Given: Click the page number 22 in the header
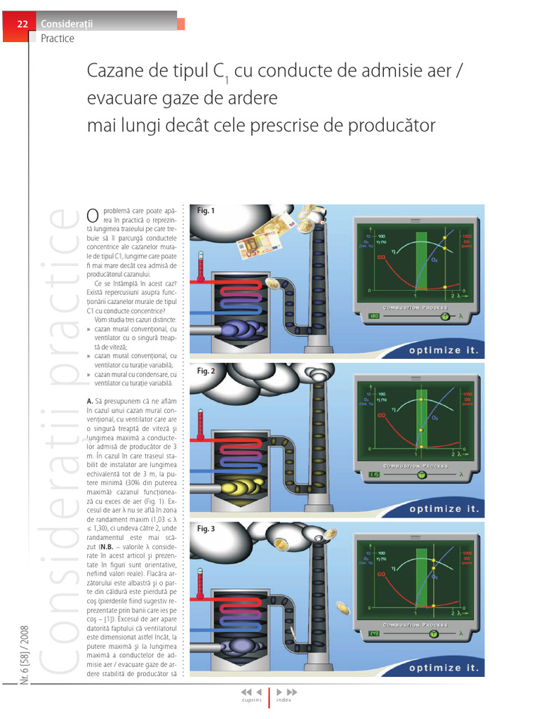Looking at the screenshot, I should pyautogui.click(x=22, y=25).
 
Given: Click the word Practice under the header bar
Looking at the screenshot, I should pyautogui.click(x=58, y=39).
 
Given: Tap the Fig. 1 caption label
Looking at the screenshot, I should pyautogui.click(x=206, y=211).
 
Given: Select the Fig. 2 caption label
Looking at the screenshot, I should pyautogui.click(x=206, y=371).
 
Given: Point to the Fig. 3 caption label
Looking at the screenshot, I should pyautogui.click(x=206, y=528).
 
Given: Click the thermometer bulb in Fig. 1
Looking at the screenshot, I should pyautogui.click(x=201, y=279).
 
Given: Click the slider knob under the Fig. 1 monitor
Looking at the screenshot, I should pyautogui.click(x=444, y=317).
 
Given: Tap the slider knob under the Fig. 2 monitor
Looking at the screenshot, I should pyautogui.click(x=421, y=475).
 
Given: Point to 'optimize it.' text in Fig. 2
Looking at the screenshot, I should pyautogui.click(x=445, y=509).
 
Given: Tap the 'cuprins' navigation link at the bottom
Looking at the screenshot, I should pyautogui.click(x=251, y=700).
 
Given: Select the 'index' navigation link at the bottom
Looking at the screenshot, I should pyautogui.click(x=284, y=700).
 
